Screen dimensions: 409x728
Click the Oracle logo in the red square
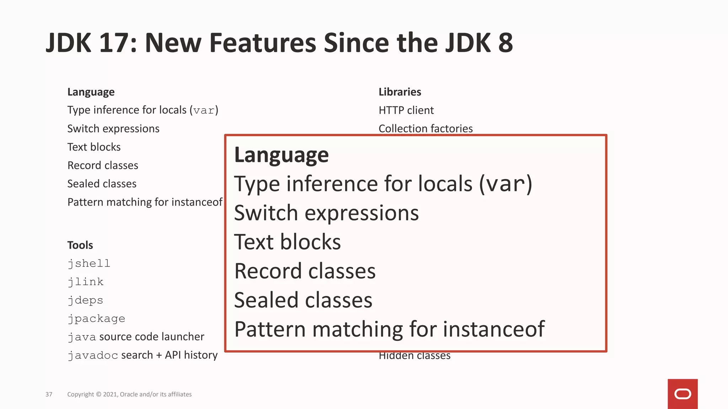(x=682, y=394)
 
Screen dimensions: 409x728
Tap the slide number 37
(x=49, y=394)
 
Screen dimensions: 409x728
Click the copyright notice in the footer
(x=129, y=394)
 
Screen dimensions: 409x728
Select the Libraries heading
(x=400, y=92)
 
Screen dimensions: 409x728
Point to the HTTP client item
(x=406, y=110)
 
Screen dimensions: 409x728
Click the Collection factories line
(x=425, y=128)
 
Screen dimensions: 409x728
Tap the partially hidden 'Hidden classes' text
(x=414, y=356)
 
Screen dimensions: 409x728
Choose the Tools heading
(x=80, y=245)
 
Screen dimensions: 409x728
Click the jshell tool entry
(x=89, y=263)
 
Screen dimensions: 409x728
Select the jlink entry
(x=86, y=282)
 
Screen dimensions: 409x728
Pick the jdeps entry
(x=85, y=300)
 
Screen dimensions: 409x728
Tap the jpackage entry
(x=96, y=319)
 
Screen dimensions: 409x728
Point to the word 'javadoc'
(x=93, y=355)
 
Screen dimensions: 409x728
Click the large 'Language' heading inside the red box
(x=281, y=155)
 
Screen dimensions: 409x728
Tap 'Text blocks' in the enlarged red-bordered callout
(x=287, y=242)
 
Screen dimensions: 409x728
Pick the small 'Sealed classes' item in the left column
(x=102, y=184)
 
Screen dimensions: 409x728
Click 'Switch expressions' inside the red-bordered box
(x=326, y=213)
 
